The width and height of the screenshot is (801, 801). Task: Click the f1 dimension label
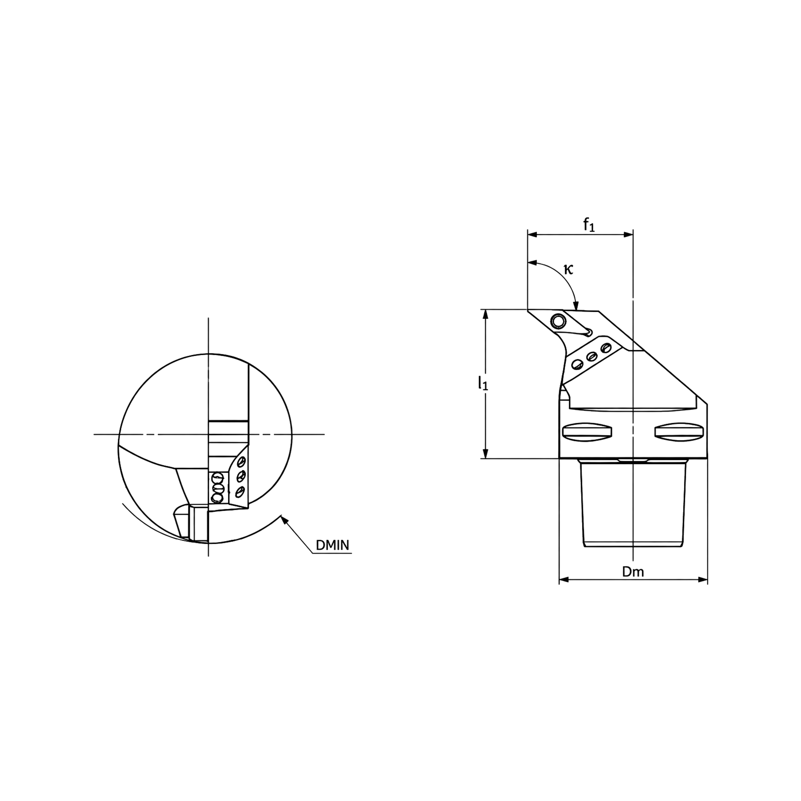(x=589, y=225)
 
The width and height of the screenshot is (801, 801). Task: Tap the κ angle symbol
(x=568, y=270)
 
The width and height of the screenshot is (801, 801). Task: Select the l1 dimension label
(x=483, y=383)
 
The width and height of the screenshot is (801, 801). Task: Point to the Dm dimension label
(x=633, y=572)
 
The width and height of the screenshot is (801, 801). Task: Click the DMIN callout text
(x=332, y=545)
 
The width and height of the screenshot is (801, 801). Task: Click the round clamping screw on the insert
(x=558, y=321)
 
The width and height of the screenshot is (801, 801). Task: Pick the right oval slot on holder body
(x=679, y=432)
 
